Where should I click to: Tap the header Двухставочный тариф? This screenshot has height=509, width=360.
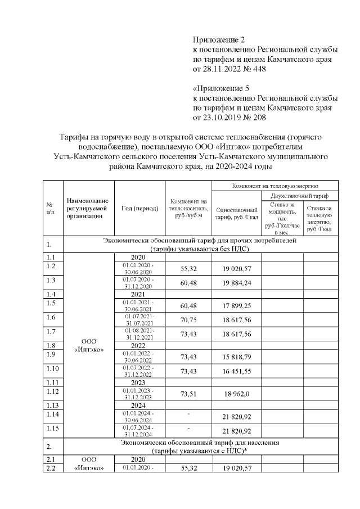300,195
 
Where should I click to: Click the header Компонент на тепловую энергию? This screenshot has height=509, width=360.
274,185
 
